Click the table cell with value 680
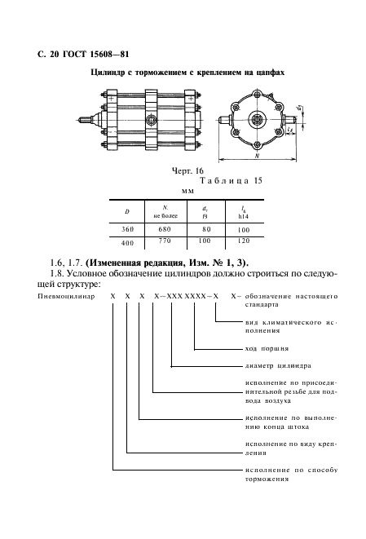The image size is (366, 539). [x=165, y=229]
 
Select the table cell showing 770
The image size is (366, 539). [x=165, y=241]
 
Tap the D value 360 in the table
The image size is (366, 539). [x=127, y=229]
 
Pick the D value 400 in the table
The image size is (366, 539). [x=127, y=243]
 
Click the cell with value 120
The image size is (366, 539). [x=244, y=241]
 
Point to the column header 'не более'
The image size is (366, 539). [x=165, y=216]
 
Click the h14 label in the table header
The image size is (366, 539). [x=243, y=217]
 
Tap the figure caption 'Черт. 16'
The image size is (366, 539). [x=187, y=171]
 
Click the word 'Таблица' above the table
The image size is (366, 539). [x=224, y=180]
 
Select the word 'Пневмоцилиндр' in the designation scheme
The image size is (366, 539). [x=66, y=296]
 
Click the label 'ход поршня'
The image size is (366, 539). [x=267, y=349]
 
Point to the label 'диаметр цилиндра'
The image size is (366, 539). [x=278, y=366]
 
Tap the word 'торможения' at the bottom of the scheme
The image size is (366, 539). [x=267, y=479]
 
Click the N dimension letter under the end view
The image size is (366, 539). [x=257, y=156]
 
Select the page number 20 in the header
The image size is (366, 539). [x=55, y=55]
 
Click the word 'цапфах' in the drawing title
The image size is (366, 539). [x=271, y=73]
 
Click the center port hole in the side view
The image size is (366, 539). [x=151, y=121]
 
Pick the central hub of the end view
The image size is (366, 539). [x=257, y=121]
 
